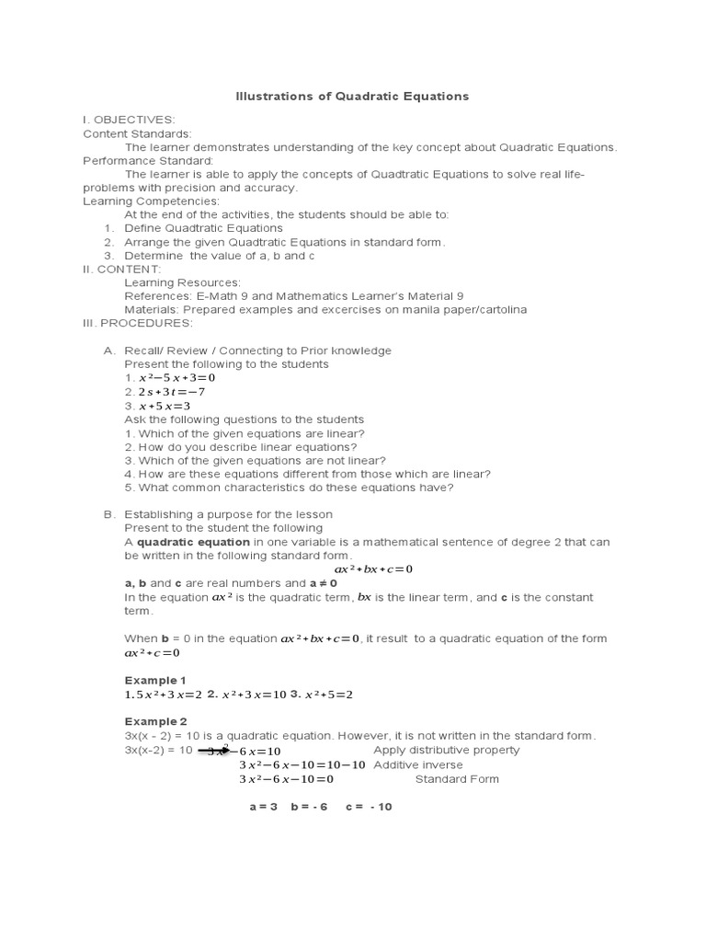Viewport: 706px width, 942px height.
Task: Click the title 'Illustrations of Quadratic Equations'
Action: [x=352, y=96]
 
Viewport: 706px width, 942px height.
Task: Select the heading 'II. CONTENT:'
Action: [x=122, y=269]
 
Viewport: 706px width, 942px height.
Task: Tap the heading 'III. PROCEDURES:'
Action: [x=138, y=323]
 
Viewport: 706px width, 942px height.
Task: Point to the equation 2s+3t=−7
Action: [x=172, y=392]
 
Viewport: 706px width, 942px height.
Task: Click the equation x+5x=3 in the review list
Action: [x=165, y=406]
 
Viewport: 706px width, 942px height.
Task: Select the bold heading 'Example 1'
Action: [x=155, y=680]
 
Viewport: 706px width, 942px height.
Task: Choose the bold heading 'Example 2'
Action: [x=155, y=721]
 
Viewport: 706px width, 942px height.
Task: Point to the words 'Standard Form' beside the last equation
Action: [x=457, y=778]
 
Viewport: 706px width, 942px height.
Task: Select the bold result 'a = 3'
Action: [x=263, y=807]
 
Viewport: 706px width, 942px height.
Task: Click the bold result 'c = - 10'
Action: [x=369, y=807]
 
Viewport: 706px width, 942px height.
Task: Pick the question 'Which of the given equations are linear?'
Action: [x=245, y=433]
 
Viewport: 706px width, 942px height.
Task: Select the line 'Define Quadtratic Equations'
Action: [x=204, y=228]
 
